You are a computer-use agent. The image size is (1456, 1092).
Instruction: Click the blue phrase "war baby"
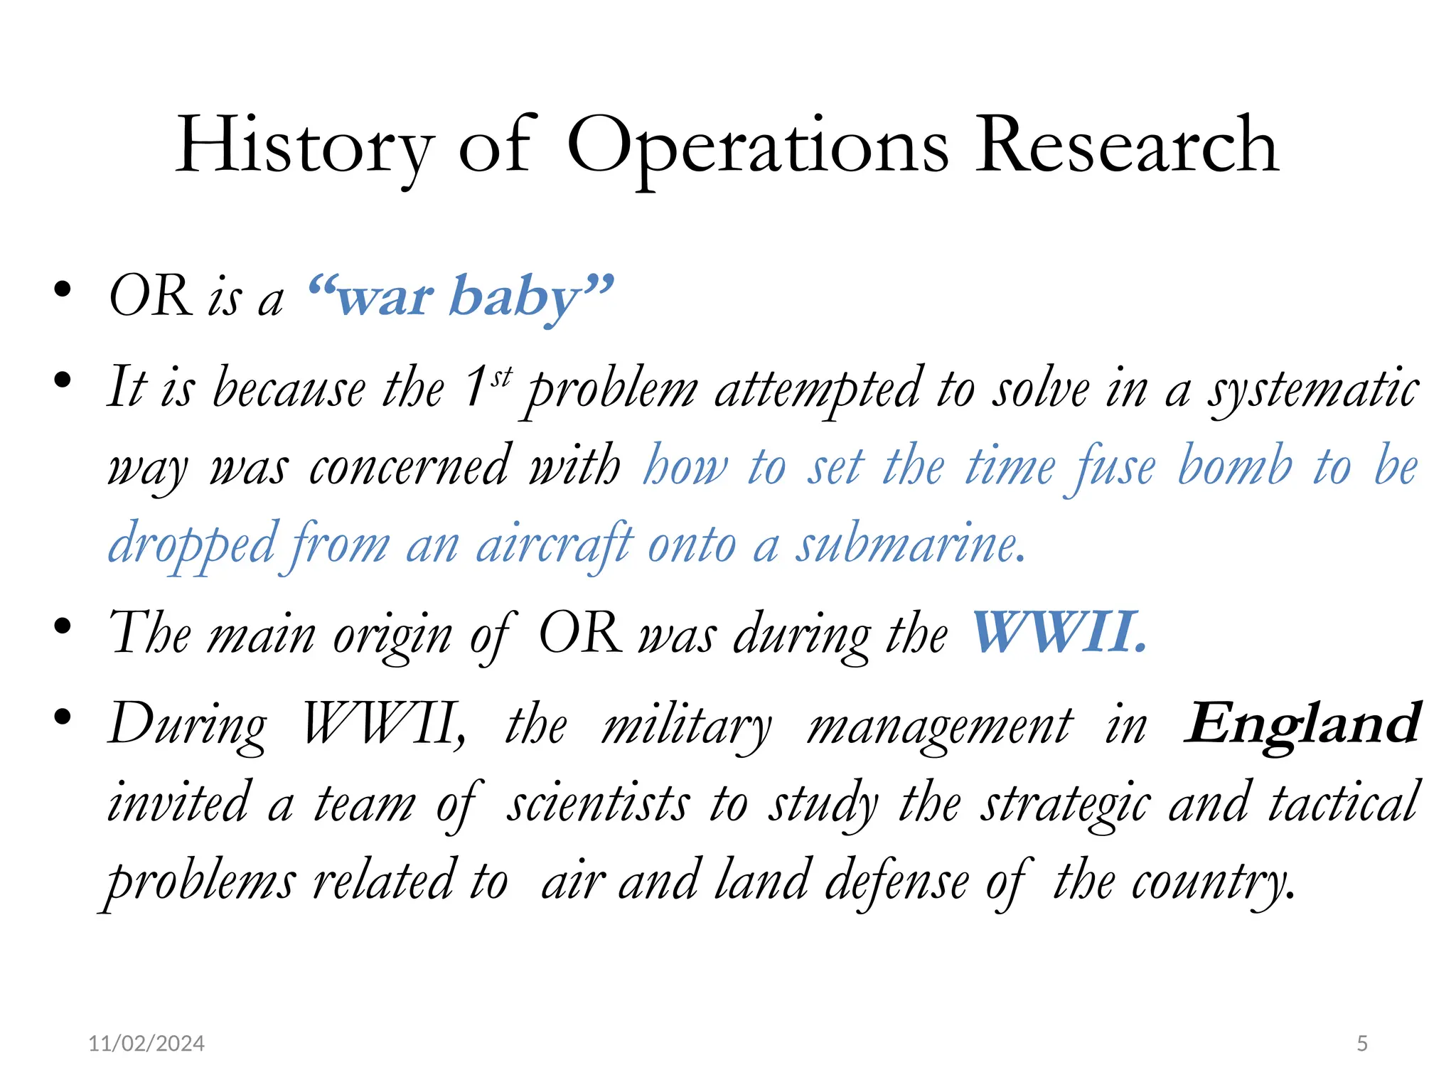(x=461, y=296)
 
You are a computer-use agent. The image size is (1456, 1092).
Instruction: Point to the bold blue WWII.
(x=1059, y=632)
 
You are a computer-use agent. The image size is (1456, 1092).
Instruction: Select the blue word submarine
(x=910, y=545)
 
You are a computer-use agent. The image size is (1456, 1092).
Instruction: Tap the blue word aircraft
(x=554, y=545)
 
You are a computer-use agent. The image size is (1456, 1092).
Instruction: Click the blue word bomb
(x=1235, y=466)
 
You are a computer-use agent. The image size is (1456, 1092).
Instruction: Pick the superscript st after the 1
(x=502, y=376)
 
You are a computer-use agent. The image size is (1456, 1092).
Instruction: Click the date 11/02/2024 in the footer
(x=146, y=1043)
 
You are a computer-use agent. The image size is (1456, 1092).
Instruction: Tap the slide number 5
(x=1361, y=1043)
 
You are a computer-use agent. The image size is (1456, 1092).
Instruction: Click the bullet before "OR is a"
(x=63, y=290)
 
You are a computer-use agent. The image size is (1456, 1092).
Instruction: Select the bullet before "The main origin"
(x=63, y=626)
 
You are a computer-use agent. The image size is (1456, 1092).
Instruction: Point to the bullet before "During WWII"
(x=63, y=717)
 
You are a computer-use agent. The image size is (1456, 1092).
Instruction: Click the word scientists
(x=597, y=803)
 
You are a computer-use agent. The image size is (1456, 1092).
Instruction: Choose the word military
(x=686, y=726)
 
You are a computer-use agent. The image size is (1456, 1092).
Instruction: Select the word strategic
(x=1065, y=803)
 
